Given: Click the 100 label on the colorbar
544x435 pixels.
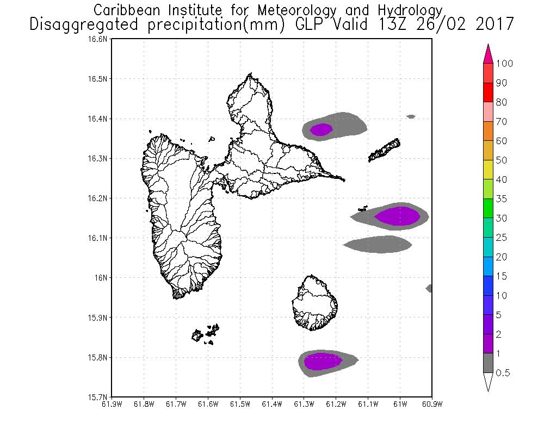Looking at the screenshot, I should click(505, 64).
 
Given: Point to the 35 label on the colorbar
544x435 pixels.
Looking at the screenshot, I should click(501, 199).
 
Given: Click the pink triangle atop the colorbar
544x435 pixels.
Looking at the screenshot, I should click(488, 53).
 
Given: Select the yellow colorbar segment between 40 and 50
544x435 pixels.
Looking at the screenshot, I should click(488, 170).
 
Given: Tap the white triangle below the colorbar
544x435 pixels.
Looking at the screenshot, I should click(488, 382).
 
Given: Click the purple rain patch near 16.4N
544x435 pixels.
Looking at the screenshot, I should click(321, 129).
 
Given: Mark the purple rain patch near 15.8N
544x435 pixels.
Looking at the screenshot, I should click(323, 361).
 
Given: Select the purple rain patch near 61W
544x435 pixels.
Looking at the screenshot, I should click(398, 216).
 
